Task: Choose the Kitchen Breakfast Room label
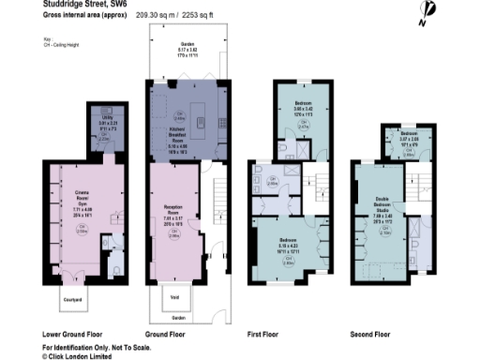179,138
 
